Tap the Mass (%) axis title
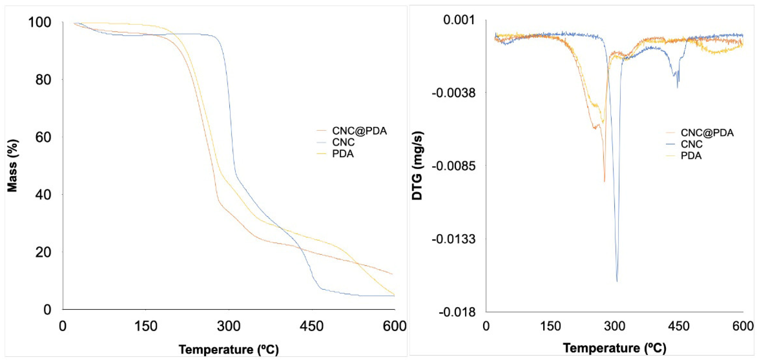click(x=12, y=166)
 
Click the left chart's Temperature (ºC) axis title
click(x=229, y=350)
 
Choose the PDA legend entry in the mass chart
click(x=343, y=154)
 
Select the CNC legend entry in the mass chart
click(x=343, y=142)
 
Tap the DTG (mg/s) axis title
click(x=418, y=166)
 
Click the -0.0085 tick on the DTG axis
click(x=454, y=166)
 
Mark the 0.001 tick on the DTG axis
click(x=460, y=20)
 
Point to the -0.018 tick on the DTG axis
click(x=457, y=312)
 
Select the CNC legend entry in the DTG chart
click(x=692, y=144)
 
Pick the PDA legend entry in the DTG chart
click(x=691, y=156)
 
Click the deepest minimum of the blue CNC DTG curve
click(x=617, y=281)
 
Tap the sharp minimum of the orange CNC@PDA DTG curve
click(x=604, y=182)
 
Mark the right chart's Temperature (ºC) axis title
click(x=615, y=348)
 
